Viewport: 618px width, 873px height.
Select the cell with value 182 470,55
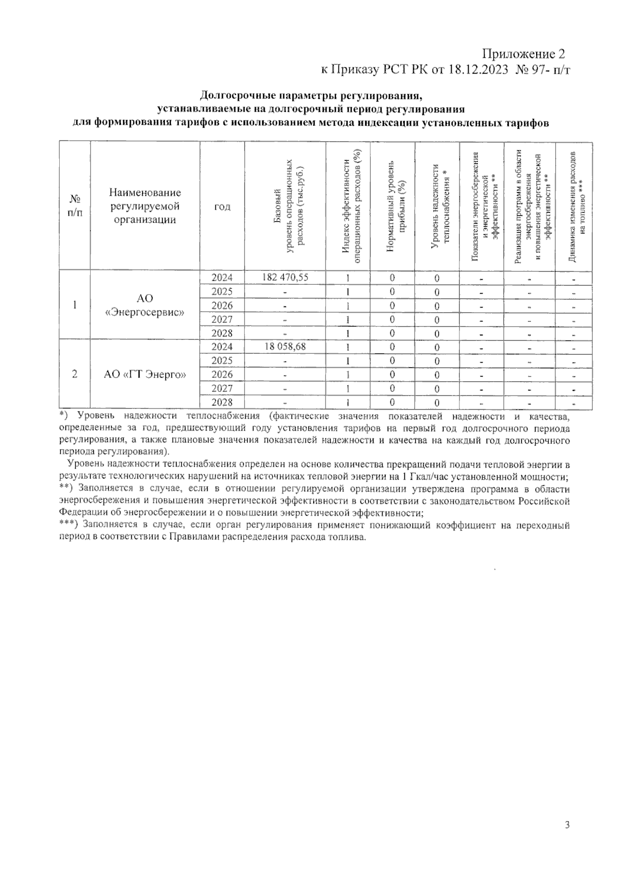(x=285, y=277)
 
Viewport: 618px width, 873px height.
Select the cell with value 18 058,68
(x=285, y=347)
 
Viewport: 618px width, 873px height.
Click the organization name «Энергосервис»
(x=145, y=312)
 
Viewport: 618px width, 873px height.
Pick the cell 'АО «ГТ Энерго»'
(x=145, y=374)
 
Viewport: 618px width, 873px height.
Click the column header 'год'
(x=222, y=207)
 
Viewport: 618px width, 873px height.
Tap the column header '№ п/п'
(x=75, y=206)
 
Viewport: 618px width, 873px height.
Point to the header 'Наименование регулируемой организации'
(x=145, y=206)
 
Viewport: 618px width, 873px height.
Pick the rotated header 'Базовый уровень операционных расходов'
(x=289, y=206)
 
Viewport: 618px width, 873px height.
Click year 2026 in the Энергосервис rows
(x=222, y=305)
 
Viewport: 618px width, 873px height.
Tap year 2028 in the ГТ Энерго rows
(x=222, y=402)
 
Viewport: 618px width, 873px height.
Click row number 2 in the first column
(x=75, y=374)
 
